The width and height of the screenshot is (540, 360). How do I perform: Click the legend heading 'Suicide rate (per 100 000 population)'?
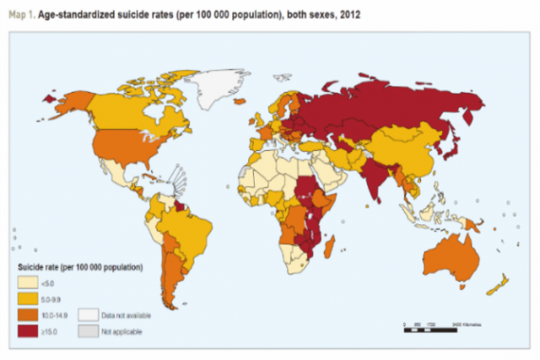pos(80,267)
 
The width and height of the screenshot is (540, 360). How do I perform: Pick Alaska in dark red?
pos(57,98)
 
